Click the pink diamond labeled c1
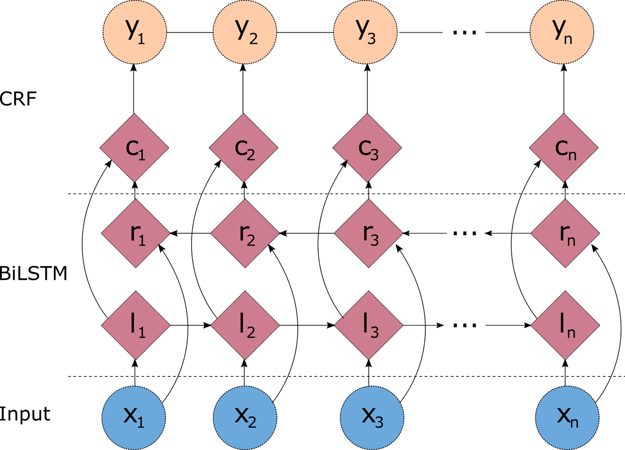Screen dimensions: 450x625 [134, 148]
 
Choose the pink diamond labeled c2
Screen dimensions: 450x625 [244, 148]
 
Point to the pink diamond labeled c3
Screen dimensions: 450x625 [367, 148]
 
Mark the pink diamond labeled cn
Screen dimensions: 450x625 [564, 148]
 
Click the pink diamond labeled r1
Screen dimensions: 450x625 [135, 234]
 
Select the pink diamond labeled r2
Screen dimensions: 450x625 [245, 234]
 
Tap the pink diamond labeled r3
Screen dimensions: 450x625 [368, 234]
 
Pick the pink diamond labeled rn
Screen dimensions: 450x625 [565, 234]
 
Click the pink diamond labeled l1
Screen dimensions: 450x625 [136, 325]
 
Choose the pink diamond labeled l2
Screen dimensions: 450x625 [245, 325]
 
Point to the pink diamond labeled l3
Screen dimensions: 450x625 [369, 325]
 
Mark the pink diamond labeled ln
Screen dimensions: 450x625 [566, 325]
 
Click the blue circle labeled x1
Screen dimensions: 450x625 [134, 417]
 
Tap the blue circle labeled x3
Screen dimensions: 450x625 [372, 417]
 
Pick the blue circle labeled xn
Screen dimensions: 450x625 [566, 417]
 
